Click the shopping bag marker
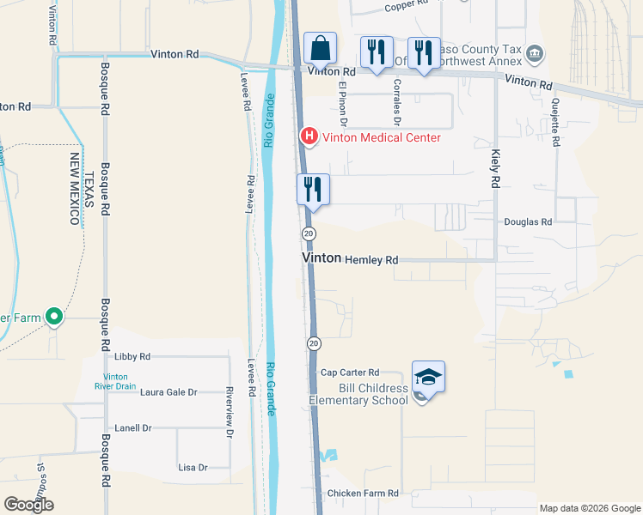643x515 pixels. point(320,50)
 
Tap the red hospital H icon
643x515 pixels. point(307,136)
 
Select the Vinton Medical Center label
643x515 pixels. point(380,137)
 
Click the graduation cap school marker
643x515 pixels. point(428,377)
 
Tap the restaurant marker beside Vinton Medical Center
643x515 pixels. point(313,189)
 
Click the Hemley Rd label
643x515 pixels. point(371,259)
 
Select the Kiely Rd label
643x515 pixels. point(495,168)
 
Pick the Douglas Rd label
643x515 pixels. point(534,221)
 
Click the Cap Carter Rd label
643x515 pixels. point(350,373)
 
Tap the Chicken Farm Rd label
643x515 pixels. point(363,494)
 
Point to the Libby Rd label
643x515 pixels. point(132,356)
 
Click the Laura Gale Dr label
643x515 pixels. point(168,392)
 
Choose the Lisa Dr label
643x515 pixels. point(193,468)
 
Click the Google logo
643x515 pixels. point(29,504)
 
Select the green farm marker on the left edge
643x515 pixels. point(53,318)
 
